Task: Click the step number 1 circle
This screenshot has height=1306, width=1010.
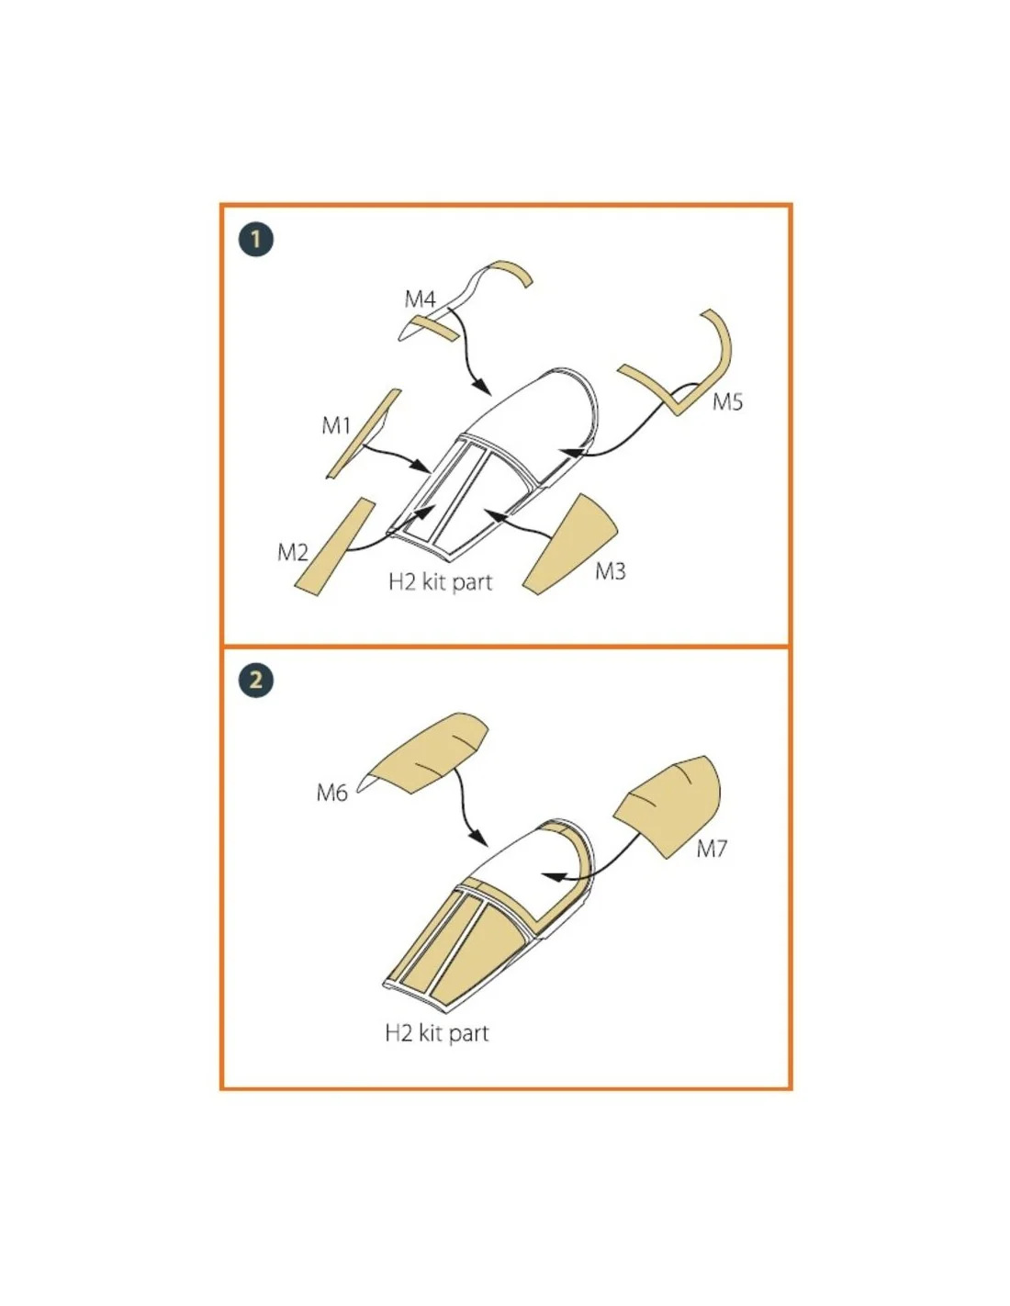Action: [x=256, y=240]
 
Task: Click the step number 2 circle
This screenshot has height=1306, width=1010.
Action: [x=256, y=681]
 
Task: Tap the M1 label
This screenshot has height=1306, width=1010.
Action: [x=336, y=425]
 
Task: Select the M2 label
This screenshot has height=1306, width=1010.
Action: [x=293, y=552]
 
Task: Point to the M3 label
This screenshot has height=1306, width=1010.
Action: [x=610, y=571]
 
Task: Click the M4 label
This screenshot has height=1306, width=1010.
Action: [x=420, y=298]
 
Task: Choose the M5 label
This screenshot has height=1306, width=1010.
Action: [x=727, y=401]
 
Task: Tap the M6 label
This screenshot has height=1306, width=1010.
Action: [x=332, y=793]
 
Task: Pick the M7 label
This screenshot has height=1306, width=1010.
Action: [x=712, y=849]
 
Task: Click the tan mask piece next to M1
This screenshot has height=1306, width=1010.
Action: [x=364, y=433]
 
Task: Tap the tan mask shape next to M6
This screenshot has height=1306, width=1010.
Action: [x=427, y=752]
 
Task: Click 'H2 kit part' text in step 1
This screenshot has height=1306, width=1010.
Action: [x=440, y=582]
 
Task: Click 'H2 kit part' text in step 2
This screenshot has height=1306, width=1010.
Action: [x=437, y=1033]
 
